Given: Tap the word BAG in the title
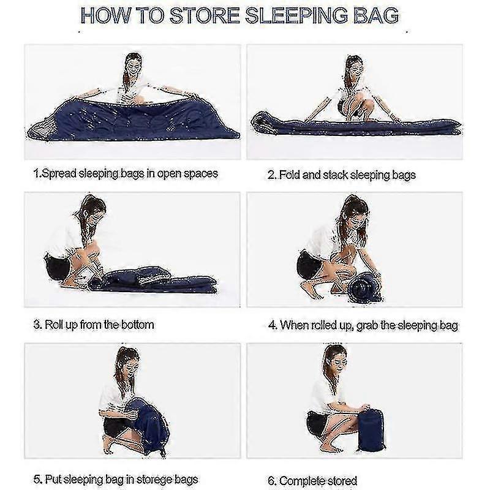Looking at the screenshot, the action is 376,15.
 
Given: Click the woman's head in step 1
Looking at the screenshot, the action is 134,65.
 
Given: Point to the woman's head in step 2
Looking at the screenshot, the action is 355,67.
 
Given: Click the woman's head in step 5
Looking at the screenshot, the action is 129,360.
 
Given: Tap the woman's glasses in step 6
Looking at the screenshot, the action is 339,362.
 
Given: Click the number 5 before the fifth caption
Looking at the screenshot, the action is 37,480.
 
